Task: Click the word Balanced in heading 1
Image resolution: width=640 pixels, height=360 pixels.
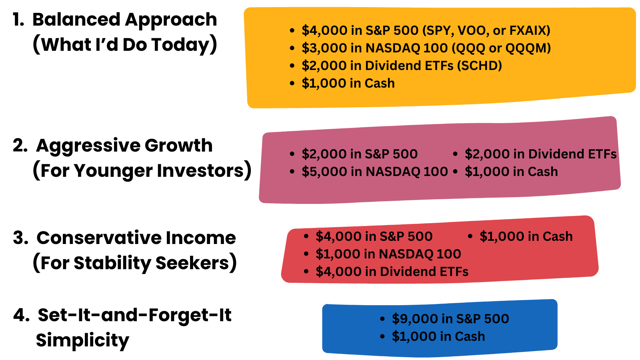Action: tap(76, 20)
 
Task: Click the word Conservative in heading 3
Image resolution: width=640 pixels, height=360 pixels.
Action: tap(98, 238)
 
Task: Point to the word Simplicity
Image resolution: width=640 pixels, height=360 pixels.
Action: tap(82, 340)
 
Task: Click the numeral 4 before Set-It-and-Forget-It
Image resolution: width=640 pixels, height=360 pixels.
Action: tap(20, 316)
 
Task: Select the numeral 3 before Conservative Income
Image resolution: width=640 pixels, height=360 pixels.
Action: tap(19, 238)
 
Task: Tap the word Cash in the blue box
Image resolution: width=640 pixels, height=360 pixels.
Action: tap(470, 336)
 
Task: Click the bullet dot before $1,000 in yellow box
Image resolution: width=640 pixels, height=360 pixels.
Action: tap(292, 84)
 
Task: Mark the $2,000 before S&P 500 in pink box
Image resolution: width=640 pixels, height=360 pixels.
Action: tap(324, 154)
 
